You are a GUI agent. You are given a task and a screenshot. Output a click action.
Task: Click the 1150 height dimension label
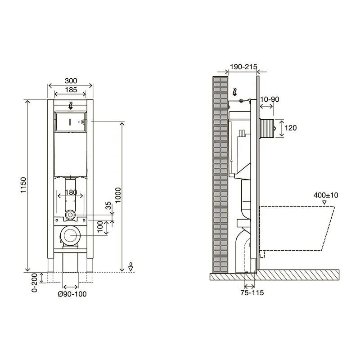click(23, 185)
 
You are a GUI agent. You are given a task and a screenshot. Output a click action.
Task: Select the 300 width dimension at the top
click(71, 81)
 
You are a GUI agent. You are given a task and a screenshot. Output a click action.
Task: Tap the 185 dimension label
click(71, 90)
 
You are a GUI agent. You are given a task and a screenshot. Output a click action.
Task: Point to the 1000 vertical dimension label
click(118, 195)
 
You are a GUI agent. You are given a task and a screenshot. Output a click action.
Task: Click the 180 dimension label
click(71, 192)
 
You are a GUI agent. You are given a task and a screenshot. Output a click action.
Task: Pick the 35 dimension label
click(108, 206)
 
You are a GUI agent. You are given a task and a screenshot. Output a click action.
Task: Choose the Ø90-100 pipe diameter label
click(72, 294)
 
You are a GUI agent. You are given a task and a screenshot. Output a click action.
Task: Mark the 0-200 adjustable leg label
click(35, 283)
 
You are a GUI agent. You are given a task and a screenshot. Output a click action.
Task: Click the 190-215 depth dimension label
click(243, 67)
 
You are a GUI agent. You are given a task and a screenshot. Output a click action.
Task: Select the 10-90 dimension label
click(270, 99)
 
